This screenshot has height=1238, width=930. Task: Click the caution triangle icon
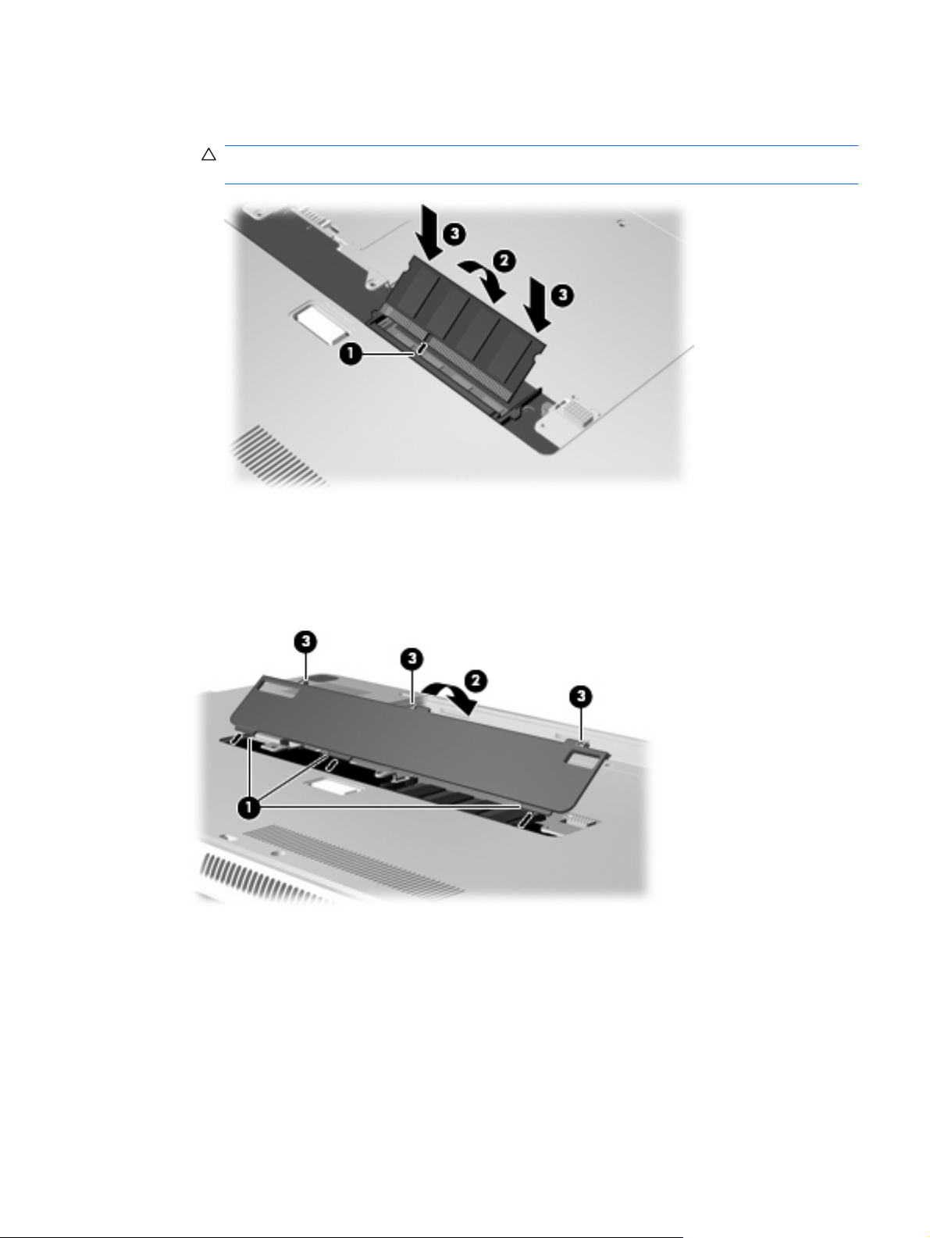click(208, 155)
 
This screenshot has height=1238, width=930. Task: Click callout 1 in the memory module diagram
click(351, 354)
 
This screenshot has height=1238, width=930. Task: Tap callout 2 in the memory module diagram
click(504, 261)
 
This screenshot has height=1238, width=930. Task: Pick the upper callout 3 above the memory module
click(454, 234)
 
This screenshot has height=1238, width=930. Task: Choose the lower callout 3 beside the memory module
click(562, 295)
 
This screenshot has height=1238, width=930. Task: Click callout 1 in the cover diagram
click(248, 808)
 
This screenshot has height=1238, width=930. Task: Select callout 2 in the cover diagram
click(476, 681)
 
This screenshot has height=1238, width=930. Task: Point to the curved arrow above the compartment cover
click(451, 697)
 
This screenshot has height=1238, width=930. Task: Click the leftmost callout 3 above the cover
click(305, 641)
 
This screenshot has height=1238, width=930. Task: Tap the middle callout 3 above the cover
click(412, 658)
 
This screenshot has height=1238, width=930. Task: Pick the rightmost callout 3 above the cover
click(581, 696)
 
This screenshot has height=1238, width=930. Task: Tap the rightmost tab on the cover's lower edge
click(528, 819)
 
